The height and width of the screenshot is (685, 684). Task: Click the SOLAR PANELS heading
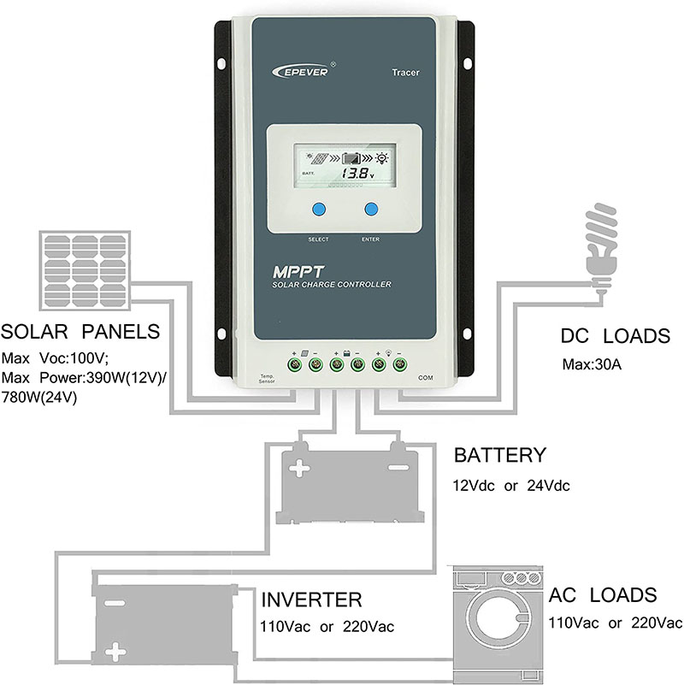point(80,333)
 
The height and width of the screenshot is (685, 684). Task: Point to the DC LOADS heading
point(615,335)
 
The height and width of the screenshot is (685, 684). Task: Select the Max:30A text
point(592,364)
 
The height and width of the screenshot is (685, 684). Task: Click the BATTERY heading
point(499,455)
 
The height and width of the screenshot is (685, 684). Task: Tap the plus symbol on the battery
point(299,468)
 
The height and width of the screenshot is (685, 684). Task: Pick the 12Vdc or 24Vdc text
point(511,486)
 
